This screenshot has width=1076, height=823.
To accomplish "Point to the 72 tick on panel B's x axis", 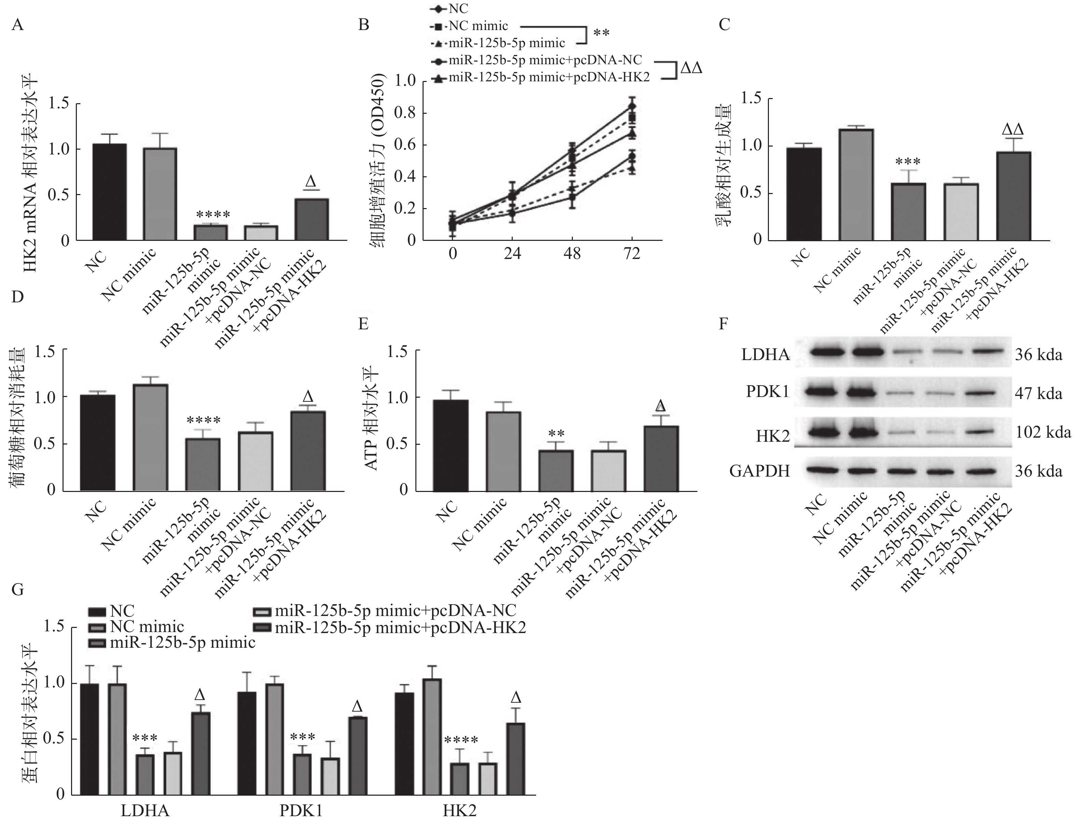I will [x=632, y=254].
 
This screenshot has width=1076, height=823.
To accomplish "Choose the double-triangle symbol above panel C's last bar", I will [x=1013, y=129].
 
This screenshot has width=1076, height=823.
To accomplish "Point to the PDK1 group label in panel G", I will [x=301, y=811].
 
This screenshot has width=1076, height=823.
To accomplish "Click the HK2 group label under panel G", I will [x=459, y=811].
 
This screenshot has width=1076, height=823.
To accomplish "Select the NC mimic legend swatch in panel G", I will [x=97, y=627].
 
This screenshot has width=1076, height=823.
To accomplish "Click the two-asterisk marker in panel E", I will [x=556, y=434].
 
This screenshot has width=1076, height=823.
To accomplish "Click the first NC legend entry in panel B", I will [x=451, y=8].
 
